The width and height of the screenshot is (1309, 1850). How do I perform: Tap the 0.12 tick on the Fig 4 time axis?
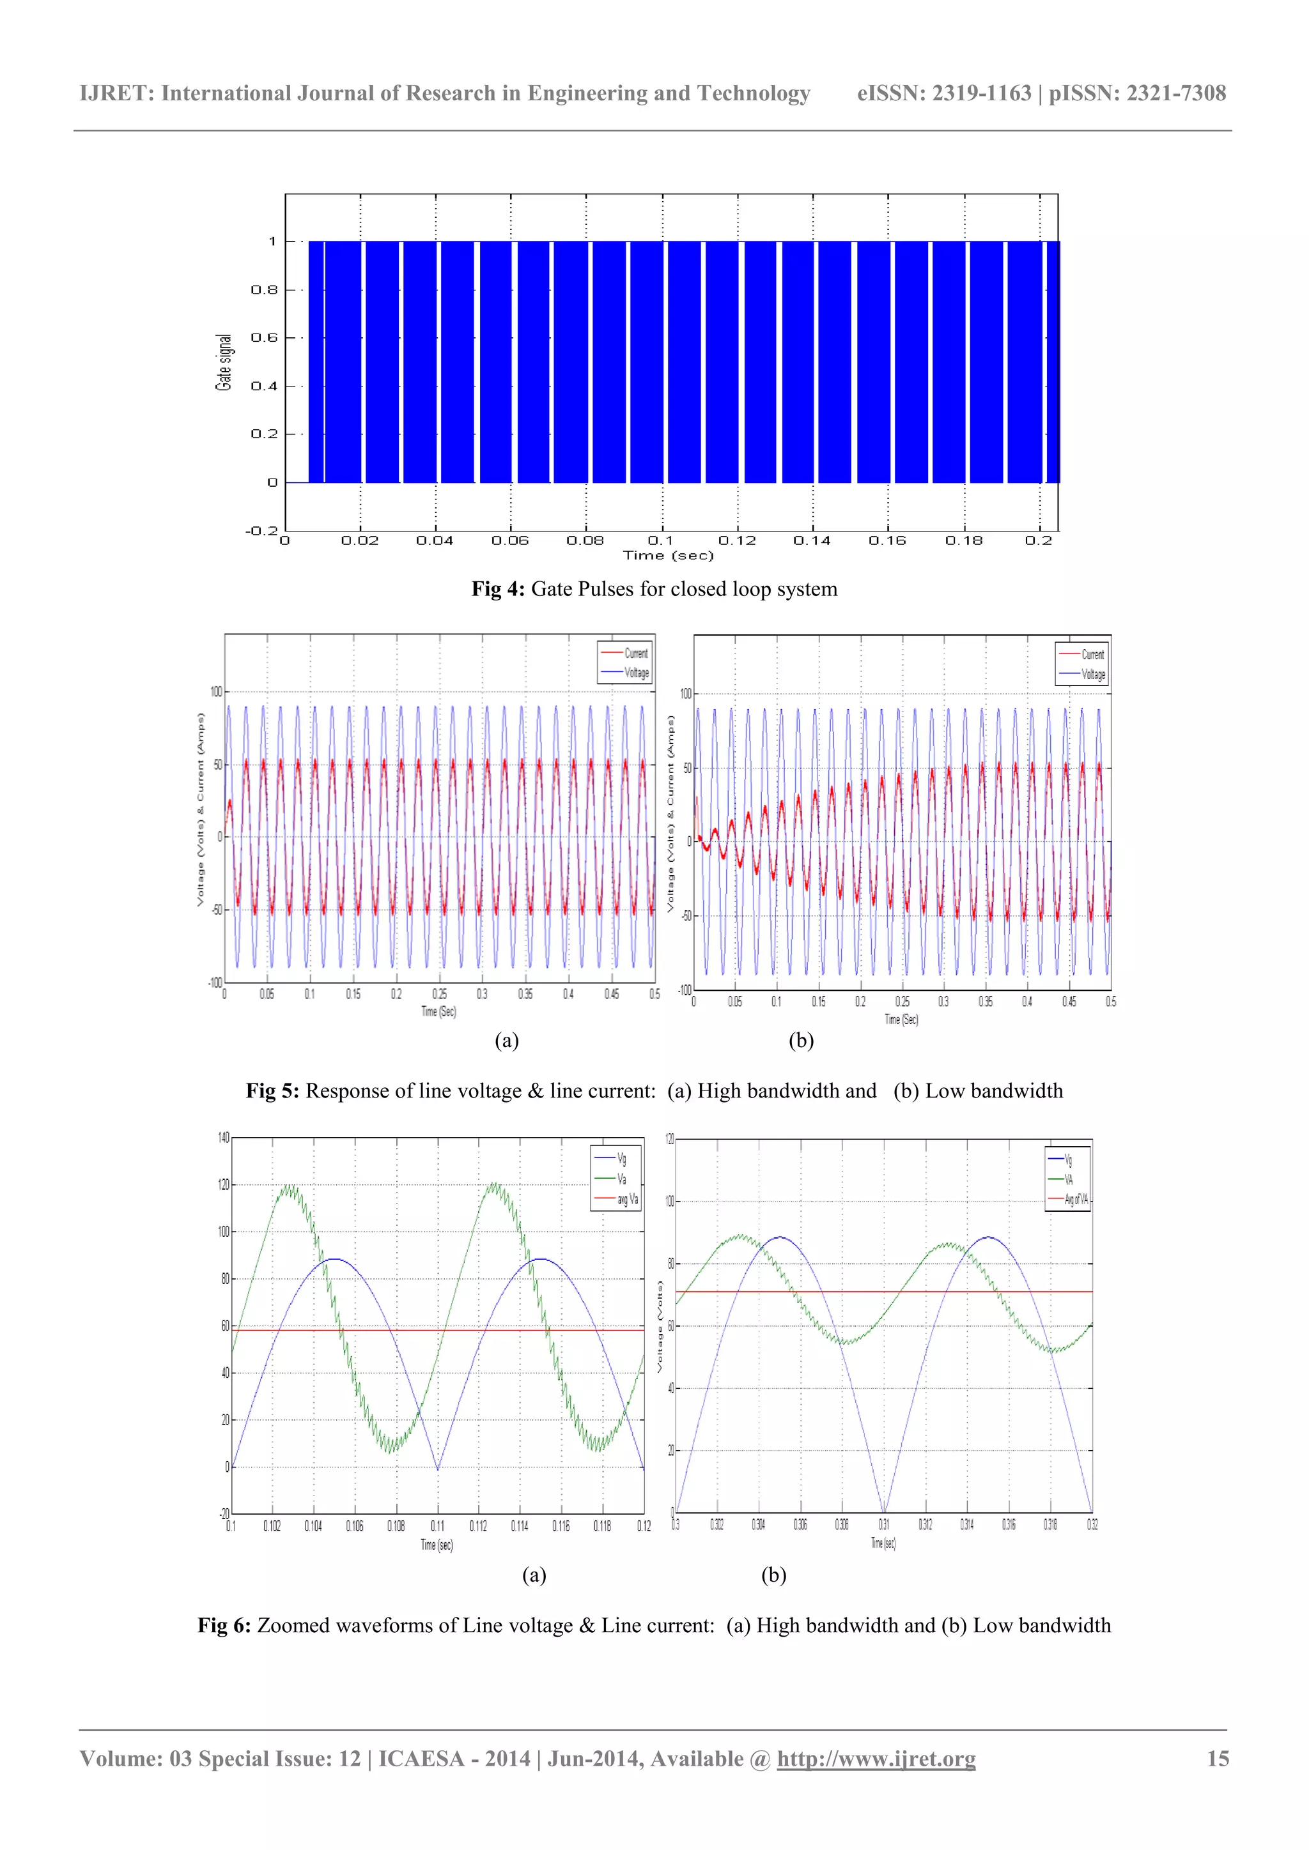737,540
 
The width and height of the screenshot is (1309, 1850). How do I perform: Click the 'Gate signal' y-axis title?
223,363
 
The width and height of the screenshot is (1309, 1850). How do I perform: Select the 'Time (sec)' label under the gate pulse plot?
668,555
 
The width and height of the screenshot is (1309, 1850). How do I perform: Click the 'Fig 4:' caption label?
497,589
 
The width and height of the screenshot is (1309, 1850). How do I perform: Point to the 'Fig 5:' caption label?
272,1091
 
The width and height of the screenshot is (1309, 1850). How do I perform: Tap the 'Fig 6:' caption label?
224,1625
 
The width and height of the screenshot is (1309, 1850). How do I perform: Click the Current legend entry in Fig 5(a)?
635,654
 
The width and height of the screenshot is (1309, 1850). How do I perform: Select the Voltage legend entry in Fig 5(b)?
1093,675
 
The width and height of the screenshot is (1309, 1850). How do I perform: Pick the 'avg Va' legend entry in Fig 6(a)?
627,1199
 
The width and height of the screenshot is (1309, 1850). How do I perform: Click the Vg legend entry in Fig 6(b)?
1068,1160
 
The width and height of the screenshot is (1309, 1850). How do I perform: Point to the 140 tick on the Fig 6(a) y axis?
223,1138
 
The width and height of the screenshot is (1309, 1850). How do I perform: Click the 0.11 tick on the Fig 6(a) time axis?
438,1525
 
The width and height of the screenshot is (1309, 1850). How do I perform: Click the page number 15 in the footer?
1217,1758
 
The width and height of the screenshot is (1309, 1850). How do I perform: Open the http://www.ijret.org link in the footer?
876,1758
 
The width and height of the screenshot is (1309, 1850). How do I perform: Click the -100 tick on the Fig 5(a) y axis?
214,982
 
